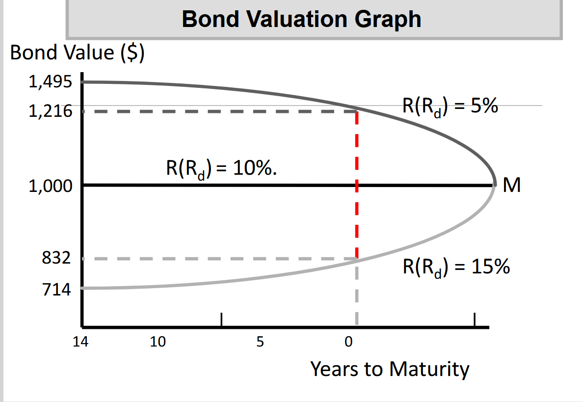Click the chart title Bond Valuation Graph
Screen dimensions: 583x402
click(x=301, y=19)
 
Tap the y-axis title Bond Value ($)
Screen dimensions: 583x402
click(x=77, y=53)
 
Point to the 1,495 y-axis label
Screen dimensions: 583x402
click(x=50, y=82)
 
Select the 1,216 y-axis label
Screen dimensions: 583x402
click(x=50, y=111)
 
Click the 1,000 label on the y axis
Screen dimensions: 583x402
click(x=50, y=186)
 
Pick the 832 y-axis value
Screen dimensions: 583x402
click(x=56, y=258)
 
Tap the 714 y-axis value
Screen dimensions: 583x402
click(x=56, y=289)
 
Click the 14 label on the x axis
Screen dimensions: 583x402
click(x=80, y=342)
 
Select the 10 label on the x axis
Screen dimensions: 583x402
click(x=158, y=342)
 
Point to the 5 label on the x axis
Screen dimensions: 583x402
click(x=260, y=342)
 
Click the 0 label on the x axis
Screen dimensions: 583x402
click(x=348, y=342)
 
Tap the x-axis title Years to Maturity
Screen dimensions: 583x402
click(x=390, y=369)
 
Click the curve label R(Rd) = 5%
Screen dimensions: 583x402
click(x=450, y=107)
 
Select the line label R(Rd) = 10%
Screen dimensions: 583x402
click(x=222, y=168)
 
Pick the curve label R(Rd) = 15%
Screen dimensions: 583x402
click(x=456, y=267)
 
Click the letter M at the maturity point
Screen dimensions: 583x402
click(x=512, y=185)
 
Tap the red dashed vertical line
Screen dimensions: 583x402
click(x=357, y=185)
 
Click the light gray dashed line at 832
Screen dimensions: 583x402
click(x=219, y=259)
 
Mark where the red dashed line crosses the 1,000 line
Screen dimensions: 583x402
click(x=357, y=185)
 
